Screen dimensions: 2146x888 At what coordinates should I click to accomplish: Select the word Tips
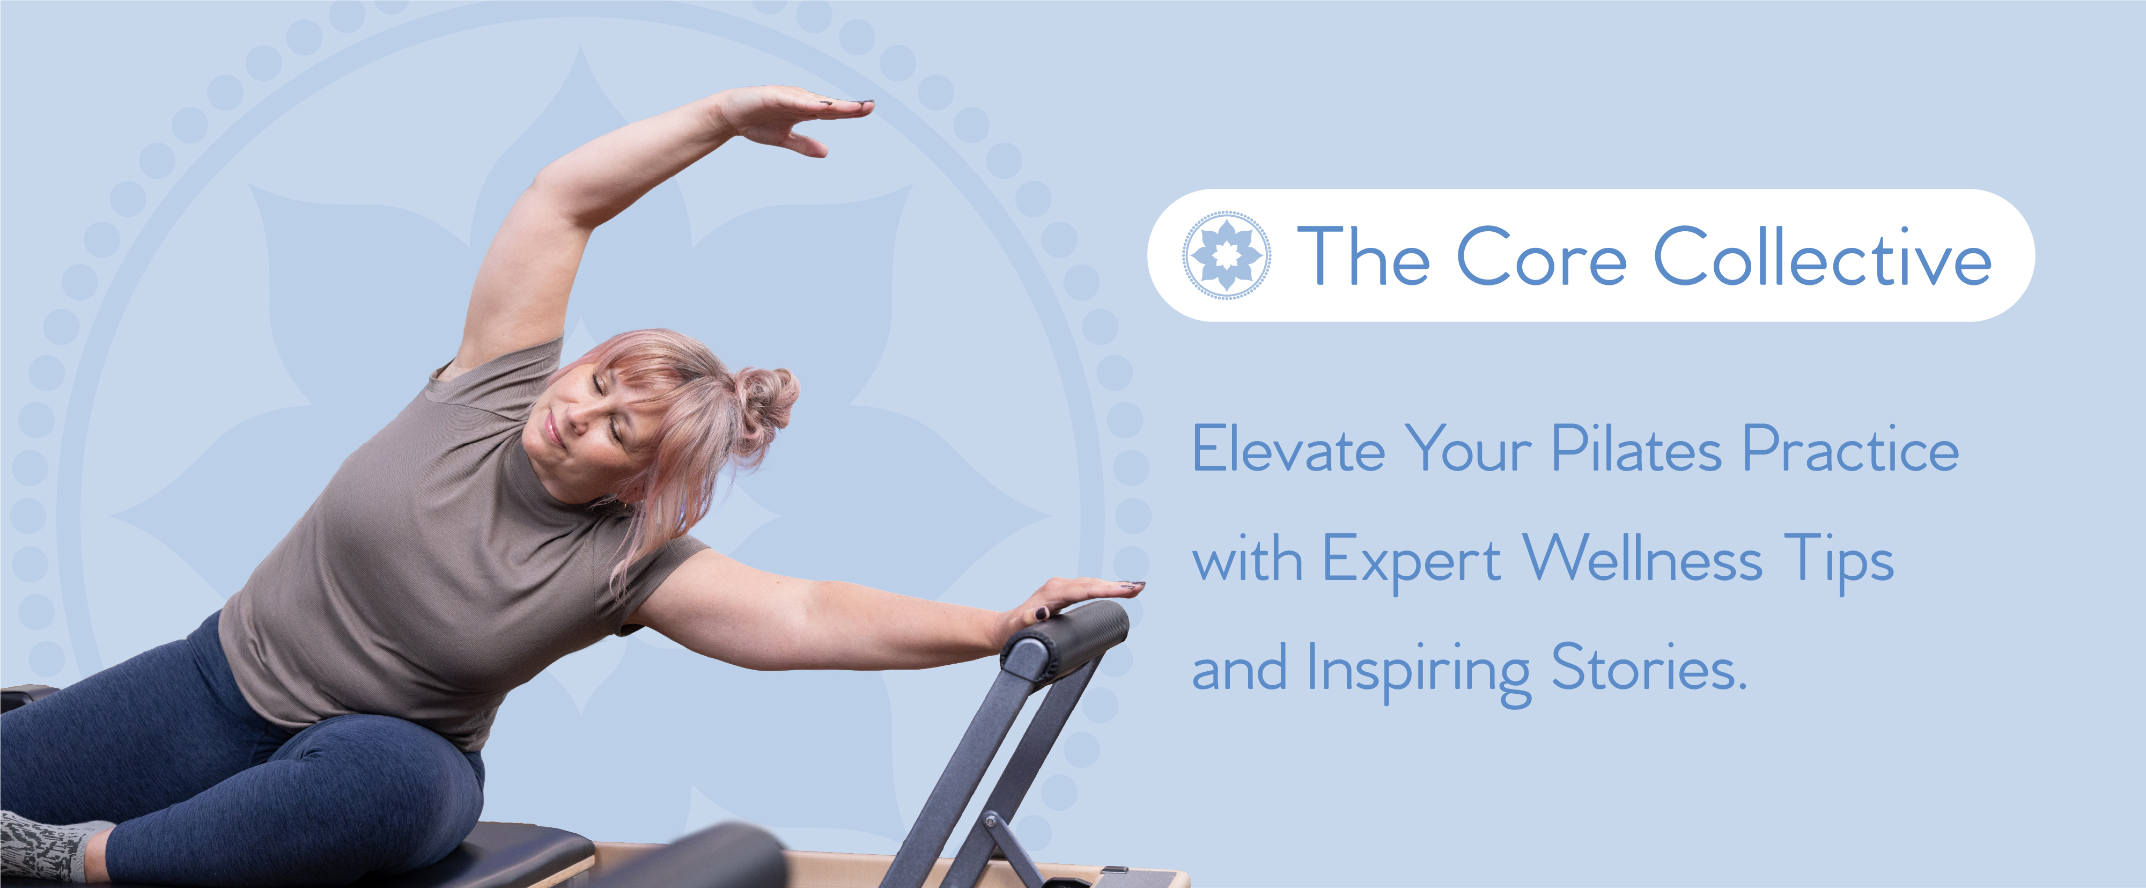1839,561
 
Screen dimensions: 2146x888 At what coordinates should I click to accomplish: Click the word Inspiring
1419,671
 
